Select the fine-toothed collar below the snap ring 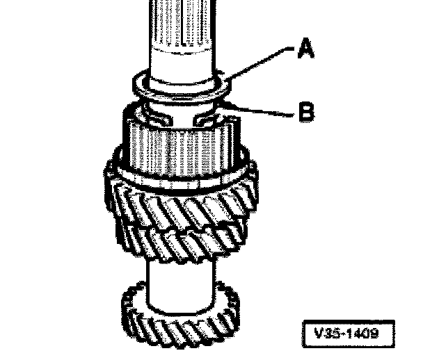[179, 149]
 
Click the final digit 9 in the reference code [376, 333]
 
